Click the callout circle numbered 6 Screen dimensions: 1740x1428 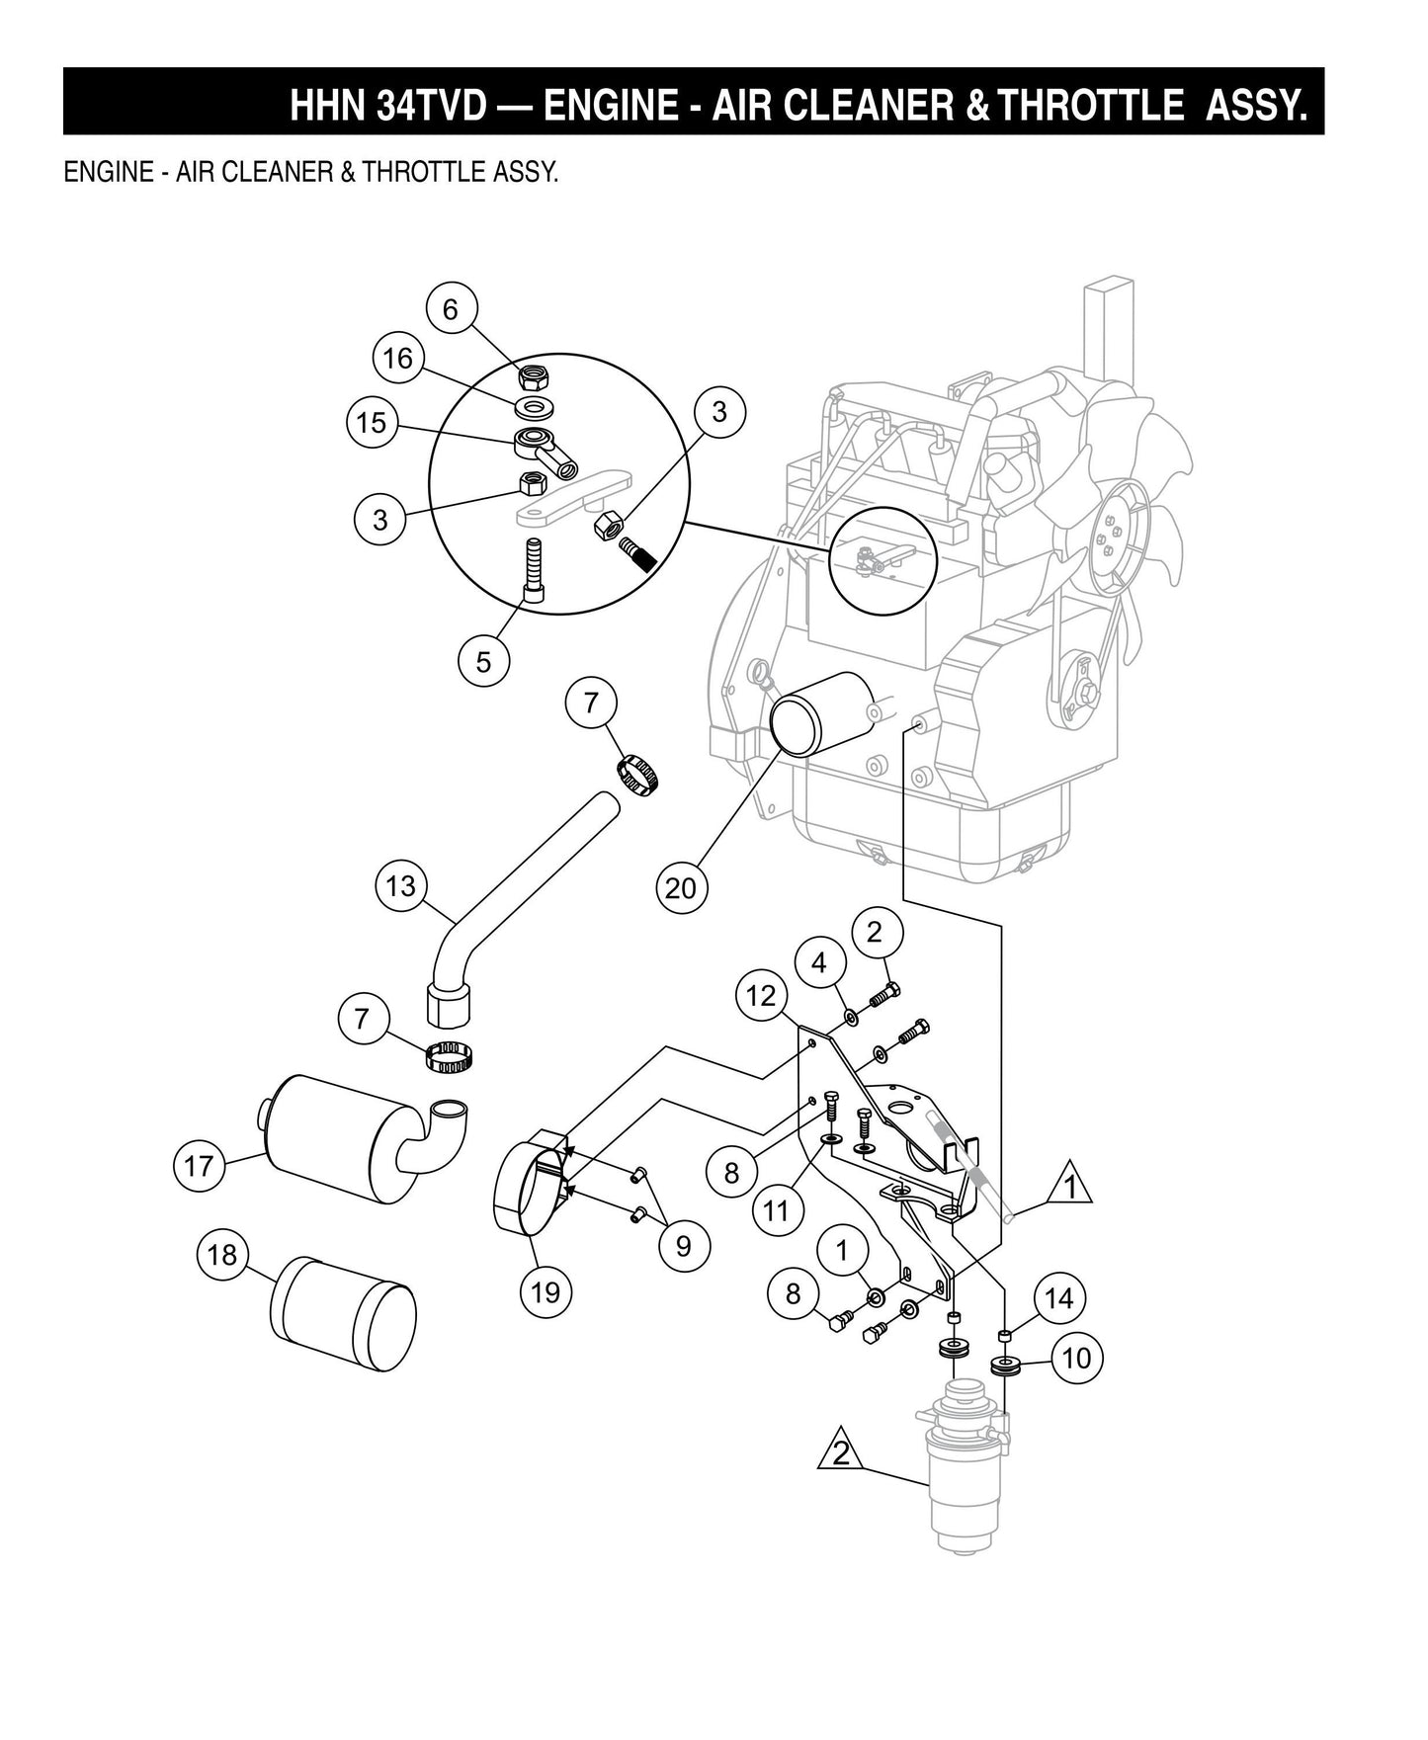tap(451, 310)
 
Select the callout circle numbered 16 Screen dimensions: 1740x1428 tap(398, 358)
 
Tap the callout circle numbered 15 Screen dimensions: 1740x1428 tap(372, 424)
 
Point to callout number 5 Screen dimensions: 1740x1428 tap(483, 661)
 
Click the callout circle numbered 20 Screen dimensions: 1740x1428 tap(681, 889)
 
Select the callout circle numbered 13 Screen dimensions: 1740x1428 tap(400, 885)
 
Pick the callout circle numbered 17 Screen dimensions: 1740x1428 tap(199, 1166)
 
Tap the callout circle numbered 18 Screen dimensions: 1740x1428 tap(222, 1255)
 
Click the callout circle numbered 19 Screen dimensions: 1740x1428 tap(546, 1291)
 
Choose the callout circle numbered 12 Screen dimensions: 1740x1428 tap(761, 996)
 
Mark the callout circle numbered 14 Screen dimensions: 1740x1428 tap(1058, 1298)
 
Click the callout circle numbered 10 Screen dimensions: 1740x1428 tap(1076, 1359)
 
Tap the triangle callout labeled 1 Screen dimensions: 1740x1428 tap(1070, 1187)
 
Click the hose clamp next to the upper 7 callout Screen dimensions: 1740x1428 tap(639, 771)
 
